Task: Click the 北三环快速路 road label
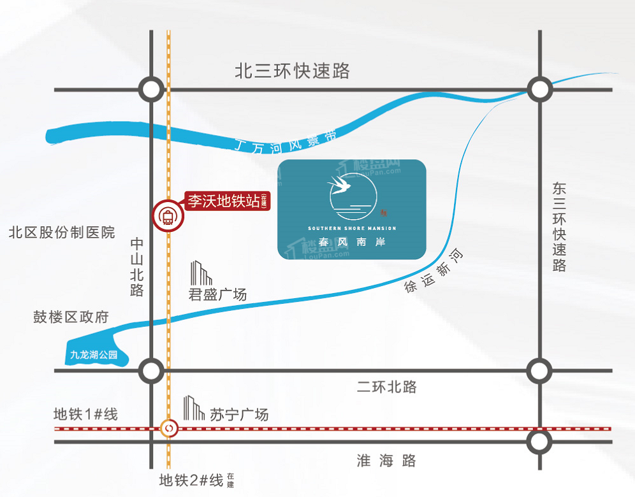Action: coord(293,70)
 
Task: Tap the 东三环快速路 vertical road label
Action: coord(559,227)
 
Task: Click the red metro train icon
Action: coord(168,217)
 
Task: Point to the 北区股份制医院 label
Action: coord(62,232)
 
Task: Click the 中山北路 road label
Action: coord(137,267)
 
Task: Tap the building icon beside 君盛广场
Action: coord(201,273)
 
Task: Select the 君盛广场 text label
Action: coord(217,294)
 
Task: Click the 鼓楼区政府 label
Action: coord(71,317)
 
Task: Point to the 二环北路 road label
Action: coord(386,386)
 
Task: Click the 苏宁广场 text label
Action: coord(239,414)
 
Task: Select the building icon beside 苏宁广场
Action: coord(193,408)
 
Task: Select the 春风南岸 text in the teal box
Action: coord(352,243)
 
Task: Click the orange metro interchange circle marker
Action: coord(169,429)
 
